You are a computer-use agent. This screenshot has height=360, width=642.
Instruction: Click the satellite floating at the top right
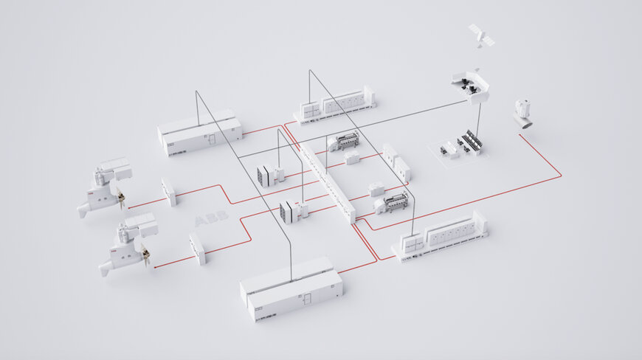point(481,35)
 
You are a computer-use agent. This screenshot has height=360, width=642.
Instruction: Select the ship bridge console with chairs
point(470,86)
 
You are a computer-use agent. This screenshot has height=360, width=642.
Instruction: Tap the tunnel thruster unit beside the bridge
point(524,113)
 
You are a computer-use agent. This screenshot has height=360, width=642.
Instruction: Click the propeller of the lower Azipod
point(145,257)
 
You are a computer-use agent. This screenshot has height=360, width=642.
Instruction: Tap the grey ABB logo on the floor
point(211,219)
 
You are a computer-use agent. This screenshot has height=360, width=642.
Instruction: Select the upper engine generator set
point(345,140)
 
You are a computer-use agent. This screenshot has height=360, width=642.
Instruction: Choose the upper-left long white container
point(199,133)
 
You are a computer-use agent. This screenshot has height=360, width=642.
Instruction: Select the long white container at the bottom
point(291,288)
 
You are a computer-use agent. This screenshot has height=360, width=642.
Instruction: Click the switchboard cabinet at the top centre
point(336,103)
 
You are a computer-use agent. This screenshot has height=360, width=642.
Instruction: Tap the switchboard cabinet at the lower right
point(441,235)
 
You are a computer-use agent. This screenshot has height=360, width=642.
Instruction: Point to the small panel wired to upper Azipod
point(169,192)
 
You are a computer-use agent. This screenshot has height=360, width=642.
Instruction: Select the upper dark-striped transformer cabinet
point(269,176)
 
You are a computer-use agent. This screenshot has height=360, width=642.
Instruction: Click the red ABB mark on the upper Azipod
point(92,196)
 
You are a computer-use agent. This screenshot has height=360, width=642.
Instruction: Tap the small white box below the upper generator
point(352,157)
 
